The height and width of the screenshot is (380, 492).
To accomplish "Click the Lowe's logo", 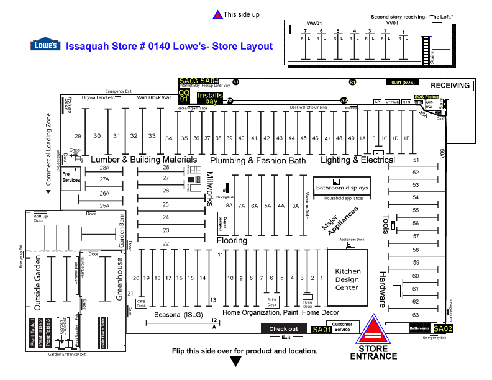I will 45,45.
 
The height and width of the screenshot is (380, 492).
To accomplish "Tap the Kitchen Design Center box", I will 347,279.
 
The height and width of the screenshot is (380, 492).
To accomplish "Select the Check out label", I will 284,329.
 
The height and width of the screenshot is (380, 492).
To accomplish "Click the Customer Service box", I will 342,327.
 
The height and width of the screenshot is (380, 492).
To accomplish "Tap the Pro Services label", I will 71,177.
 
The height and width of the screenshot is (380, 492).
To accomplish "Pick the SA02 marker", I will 444,328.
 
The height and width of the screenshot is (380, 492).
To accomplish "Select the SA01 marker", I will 322,329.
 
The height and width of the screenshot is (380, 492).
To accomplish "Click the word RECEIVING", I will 450,85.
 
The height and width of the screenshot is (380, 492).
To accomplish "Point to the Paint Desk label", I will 271,302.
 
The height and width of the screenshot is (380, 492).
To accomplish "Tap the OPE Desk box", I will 141,304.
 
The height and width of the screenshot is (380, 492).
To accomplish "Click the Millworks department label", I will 210,189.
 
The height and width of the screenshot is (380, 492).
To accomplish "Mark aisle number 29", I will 78,136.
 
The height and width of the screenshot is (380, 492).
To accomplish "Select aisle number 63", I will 416,315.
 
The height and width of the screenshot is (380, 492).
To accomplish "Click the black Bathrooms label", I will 420,328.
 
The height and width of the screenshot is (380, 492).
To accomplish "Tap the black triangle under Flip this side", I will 236,362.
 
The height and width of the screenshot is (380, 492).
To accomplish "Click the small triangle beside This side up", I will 217,15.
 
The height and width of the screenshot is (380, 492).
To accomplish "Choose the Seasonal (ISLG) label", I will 176,314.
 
